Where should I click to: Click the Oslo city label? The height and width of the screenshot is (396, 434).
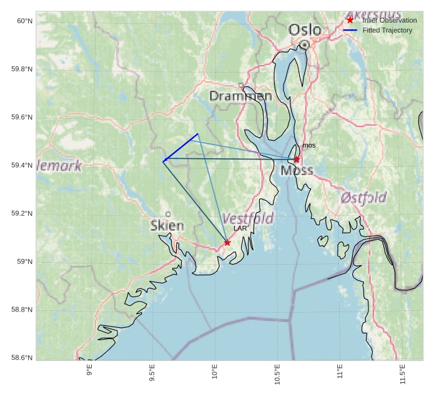pyautogui.click(x=305, y=29)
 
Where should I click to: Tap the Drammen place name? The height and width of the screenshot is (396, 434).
pyautogui.click(x=240, y=96)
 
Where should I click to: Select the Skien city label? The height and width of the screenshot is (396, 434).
pyautogui.click(x=167, y=225)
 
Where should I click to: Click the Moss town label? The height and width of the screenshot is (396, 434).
pyautogui.click(x=297, y=171)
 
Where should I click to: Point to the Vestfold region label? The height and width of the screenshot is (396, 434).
pyautogui.click(x=248, y=218)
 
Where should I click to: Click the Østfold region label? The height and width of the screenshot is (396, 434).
pyautogui.click(x=363, y=198)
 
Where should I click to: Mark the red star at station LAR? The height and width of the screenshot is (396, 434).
pyautogui.click(x=227, y=243)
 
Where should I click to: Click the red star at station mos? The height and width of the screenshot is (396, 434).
pyautogui.click(x=297, y=160)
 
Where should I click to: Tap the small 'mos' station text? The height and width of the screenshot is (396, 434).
pyautogui.click(x=308, y=146)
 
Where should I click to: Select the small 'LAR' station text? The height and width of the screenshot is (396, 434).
pyautogui.click(x=240, y=229)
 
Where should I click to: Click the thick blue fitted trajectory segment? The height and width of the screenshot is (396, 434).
pyautogui.click(x=180, y=148)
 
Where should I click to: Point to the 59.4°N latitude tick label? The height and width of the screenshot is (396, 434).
pyautogui.click(x=22, y=165)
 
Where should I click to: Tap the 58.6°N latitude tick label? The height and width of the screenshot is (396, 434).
pyautogui.click(x=22, y=358)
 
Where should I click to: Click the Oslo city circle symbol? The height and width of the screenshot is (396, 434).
pyautogui.click(x=304, y=44)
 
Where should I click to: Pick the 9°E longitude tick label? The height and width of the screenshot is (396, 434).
pyautogui.click(x=89, y=372)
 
